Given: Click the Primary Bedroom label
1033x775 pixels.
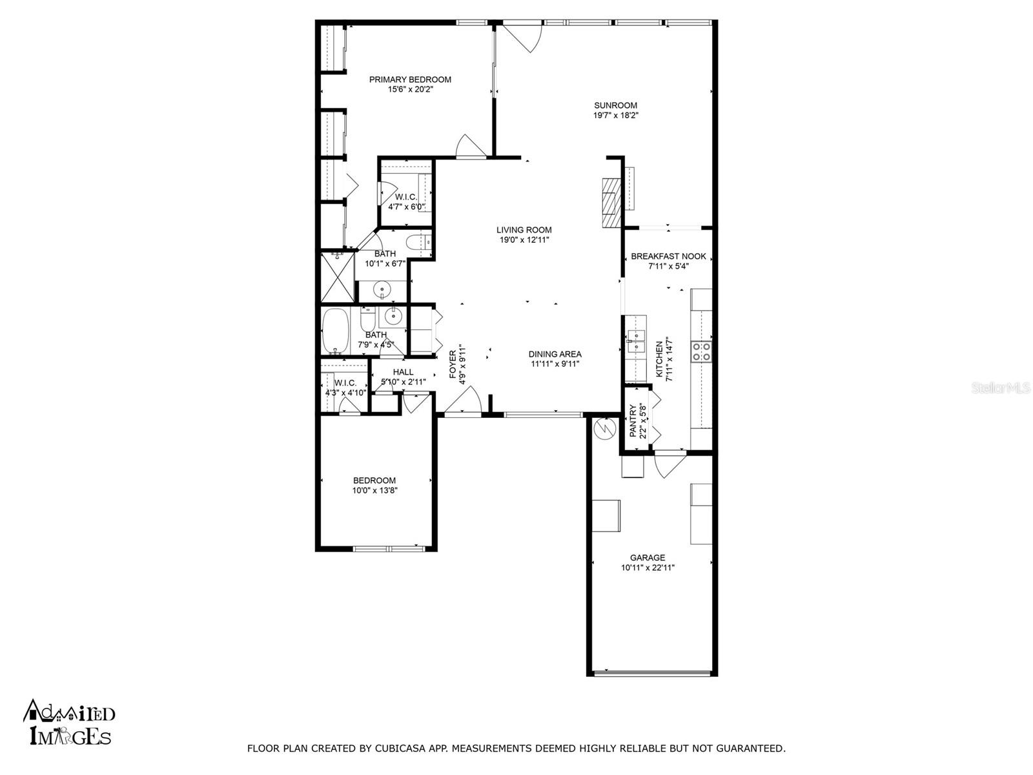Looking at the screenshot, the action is (410, 79).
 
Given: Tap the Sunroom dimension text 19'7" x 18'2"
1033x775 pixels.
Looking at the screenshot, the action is (615, 116).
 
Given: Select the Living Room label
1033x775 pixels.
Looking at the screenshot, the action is (524, 230).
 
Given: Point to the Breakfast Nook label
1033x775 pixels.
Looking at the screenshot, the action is (668, 256).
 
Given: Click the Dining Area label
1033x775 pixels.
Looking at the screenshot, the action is (555, 354).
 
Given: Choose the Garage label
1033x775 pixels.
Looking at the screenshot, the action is (648, 557).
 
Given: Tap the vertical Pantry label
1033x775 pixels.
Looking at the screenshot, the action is (633, 420).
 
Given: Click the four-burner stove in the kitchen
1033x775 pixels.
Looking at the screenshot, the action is (701, 351).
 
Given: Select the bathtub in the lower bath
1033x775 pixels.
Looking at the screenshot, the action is (335, 331).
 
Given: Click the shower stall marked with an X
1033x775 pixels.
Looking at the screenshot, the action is (337, 276).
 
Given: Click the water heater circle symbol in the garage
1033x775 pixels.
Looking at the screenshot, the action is (604, 428).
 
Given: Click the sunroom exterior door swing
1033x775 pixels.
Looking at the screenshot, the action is (523, 37).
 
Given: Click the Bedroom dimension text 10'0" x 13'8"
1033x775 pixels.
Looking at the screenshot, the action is (374, 490).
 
